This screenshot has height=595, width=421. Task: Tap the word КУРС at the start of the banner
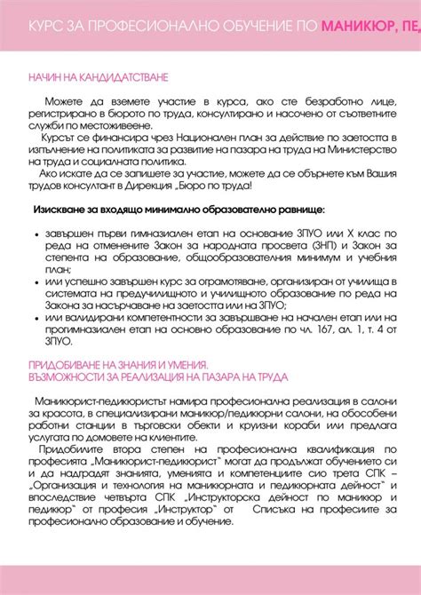pyautogui.click(x=46, y=26)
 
